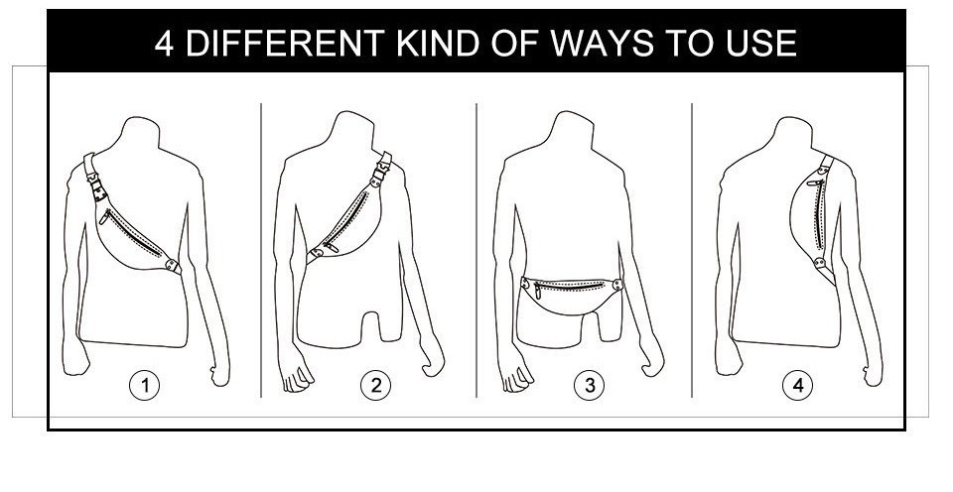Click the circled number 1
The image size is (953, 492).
(145, 385)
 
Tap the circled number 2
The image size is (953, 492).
(375, 385)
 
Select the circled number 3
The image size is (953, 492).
(590, 385)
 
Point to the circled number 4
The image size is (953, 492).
(797, 385)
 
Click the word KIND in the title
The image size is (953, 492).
(437, 43)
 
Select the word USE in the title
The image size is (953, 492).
(761, 43)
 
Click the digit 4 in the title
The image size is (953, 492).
(164, 44)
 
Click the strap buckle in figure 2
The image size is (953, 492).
(380, 171)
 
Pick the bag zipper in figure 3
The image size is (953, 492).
(569, 286)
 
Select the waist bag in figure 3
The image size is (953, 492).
(572, 295)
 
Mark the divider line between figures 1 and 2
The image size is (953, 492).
(261, 250)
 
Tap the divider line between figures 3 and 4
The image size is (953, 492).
(692, 250)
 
